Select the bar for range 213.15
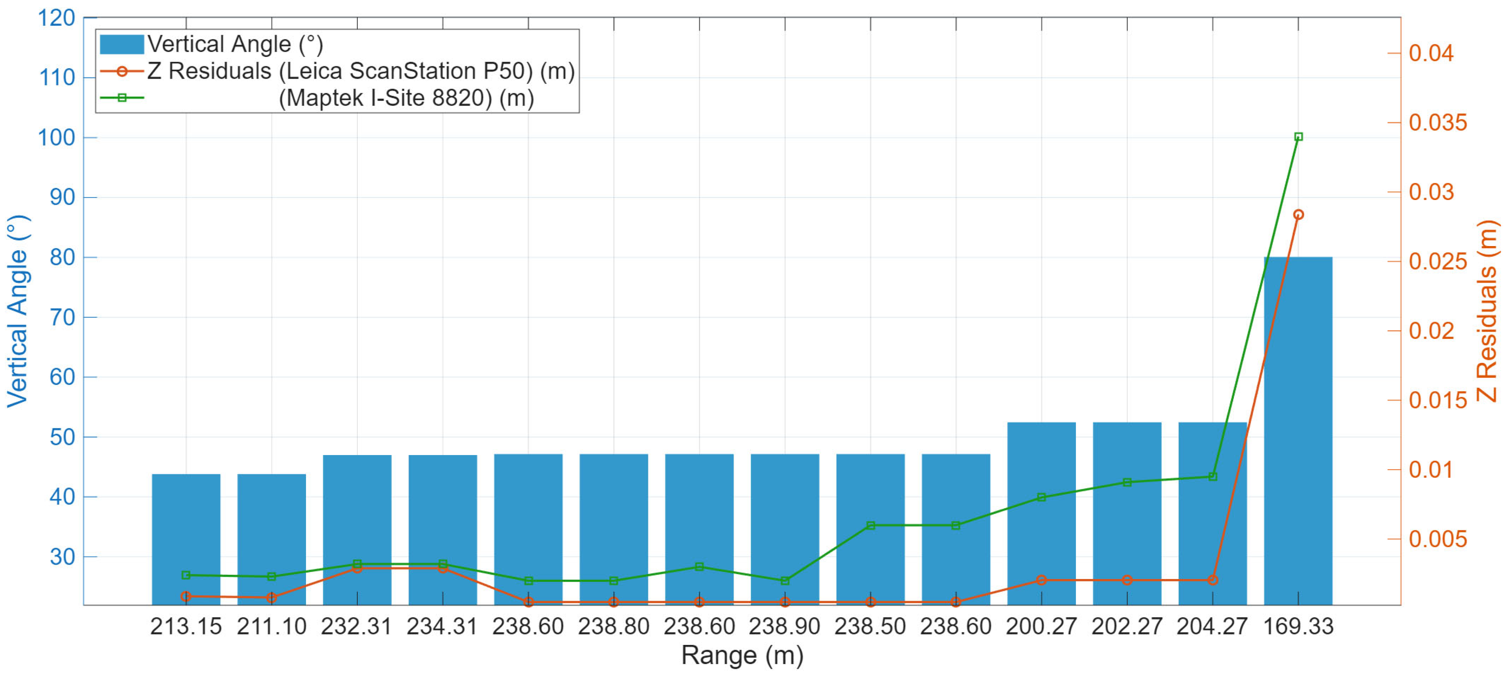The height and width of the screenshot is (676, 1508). (186, 539)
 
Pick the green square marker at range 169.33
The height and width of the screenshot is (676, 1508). (1298, 137)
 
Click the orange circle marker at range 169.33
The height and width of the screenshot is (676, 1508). (1298, 215)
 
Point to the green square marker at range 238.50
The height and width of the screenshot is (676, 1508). (871, 525)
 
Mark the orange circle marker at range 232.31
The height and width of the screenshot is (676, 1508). (357, 568)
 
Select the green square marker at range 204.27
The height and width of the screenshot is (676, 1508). (1213, 476)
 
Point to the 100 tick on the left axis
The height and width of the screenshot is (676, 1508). (57, 138)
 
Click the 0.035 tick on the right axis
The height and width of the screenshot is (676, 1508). (1437, 123)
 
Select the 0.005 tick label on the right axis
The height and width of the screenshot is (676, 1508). (1437, 539)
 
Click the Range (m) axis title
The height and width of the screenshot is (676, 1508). (742, 655)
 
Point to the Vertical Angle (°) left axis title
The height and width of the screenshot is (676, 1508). (18, 311)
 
